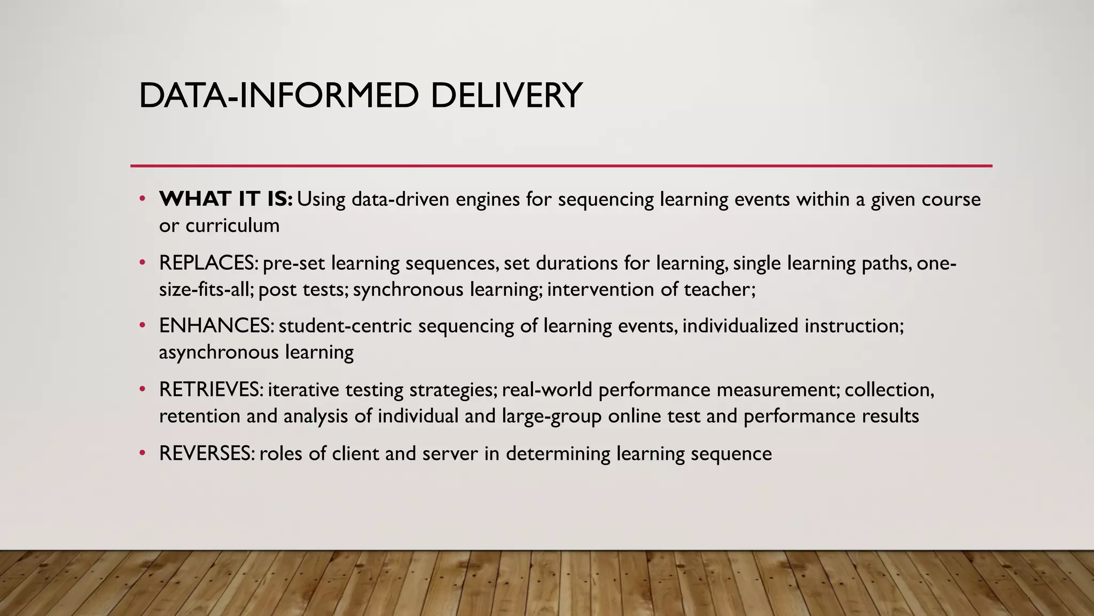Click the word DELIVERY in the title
[505, 96]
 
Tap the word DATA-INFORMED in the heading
[278, 96]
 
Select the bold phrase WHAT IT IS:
[225, 199]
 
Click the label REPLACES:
[208, 263]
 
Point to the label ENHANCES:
[216, 326]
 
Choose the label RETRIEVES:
[210, 390]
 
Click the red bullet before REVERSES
[142, 453]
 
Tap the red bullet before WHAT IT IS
[142, 199]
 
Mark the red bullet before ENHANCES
[142, 326]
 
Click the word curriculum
[232, 226]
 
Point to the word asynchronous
[218, 352]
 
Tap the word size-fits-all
[206, 289]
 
